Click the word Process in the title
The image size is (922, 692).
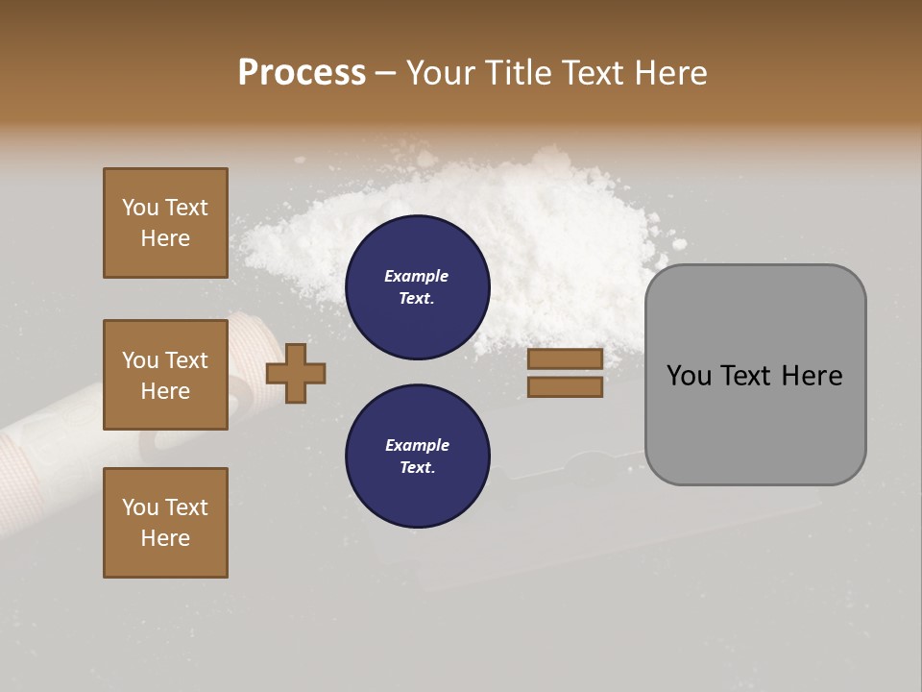(302, 72)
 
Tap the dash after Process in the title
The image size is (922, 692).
(386, 73)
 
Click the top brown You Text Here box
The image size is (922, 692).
(165, 223)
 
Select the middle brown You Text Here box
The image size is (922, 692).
(165, 375)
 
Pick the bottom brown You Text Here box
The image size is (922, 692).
(165, 523)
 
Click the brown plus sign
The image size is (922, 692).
(296, 372)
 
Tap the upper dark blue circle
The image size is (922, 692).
(417, 287)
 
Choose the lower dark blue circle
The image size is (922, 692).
(417, 457)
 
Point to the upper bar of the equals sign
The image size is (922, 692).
(565, 358)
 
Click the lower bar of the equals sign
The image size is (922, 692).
(565, 386)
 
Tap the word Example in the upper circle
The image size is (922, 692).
(416, 276)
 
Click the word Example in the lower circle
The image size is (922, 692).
(416, 445)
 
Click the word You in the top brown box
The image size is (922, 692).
(140, 208)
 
